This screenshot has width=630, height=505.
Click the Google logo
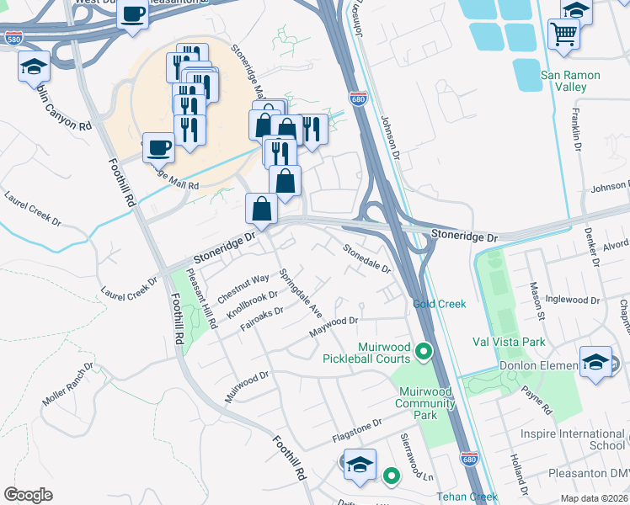(x=28, y=495)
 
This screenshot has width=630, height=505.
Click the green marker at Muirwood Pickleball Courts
(x=424, y=352)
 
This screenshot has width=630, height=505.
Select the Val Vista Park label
(x=509, y=342)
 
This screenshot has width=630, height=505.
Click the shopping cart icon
(x=564, y=34)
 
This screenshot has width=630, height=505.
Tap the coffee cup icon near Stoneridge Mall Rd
(x=158, y=148)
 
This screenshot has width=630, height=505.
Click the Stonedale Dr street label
(x=366, y=258)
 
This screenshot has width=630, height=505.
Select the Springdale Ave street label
(x=301, y=294)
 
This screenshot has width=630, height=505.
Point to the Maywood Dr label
(x=334, y=325)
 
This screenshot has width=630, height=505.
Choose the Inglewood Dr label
(x=572, y=300)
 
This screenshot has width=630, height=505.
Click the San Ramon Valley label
(x=570, y=81)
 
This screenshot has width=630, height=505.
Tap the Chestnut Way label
(x=243, y=288)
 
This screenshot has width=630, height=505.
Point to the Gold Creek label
(x=435, y=304)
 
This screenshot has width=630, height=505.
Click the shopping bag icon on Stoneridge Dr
(x=261, y=208)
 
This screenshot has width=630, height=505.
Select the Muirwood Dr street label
(x=246, y=386)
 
